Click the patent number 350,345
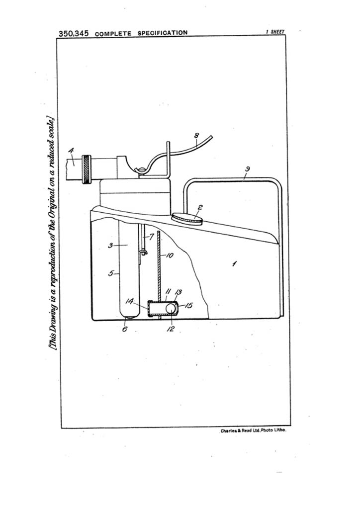74,33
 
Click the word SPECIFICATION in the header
162,33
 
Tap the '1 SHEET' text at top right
275,31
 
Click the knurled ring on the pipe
87,170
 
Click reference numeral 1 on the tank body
234,263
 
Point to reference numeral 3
110,246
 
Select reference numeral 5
111,273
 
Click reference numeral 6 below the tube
125,329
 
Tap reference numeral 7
151,237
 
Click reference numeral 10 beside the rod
170,255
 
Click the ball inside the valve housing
171,309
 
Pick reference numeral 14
129,301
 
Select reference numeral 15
188,306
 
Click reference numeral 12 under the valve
171,329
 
